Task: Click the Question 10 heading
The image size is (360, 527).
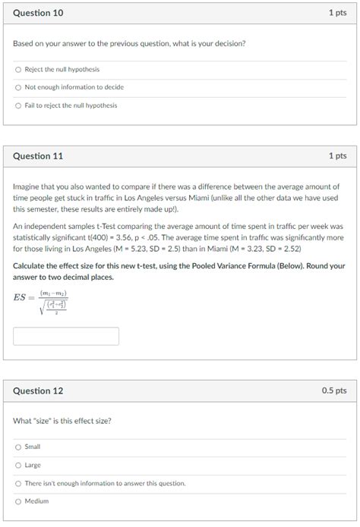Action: point(38,13)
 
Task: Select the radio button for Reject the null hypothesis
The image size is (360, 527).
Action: point(18,69)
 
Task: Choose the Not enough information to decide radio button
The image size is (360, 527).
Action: point(18,87)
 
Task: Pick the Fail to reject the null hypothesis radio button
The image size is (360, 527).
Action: point(18,105)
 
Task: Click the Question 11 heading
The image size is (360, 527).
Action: point(38,155)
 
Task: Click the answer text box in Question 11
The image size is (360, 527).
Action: point(66,336)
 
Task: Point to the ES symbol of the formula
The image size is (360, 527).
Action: point(21,297)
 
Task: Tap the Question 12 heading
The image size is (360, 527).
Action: point(38,391)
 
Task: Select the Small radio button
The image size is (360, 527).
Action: point(18,447)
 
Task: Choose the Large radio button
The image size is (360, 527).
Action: point(18,465)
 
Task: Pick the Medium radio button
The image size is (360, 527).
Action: point(18,501)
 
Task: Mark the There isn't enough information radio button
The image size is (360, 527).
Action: point(18,483)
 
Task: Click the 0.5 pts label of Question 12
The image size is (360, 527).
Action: point(333,391)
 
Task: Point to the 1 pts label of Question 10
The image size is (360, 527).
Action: point(337,13)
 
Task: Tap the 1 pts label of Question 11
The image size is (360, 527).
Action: point(337,155)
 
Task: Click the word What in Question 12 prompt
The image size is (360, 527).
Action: point(22,421)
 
